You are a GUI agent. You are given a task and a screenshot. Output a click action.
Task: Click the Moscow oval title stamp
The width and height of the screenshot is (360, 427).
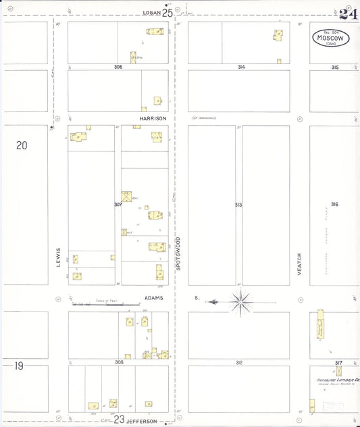pos(330,38)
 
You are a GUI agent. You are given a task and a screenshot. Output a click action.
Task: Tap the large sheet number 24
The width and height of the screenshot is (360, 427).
pos(348,14)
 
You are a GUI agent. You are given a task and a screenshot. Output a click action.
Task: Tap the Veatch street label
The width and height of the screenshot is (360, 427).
pos(299,263)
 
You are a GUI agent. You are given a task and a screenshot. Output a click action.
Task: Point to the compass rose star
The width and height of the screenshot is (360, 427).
pos(242,301)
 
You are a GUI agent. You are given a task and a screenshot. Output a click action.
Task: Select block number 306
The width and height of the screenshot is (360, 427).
pos(118,67)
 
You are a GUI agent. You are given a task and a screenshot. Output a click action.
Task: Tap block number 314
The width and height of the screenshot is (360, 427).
pos(241,67)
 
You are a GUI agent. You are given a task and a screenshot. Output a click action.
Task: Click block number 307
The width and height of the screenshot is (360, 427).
pos(118,203)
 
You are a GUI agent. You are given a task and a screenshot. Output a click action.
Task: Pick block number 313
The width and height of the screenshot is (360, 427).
pos(238,203)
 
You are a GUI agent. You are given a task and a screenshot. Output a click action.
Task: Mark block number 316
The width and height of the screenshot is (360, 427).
pos(334,204)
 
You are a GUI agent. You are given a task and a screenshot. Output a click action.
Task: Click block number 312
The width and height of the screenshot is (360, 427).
pos(239,362)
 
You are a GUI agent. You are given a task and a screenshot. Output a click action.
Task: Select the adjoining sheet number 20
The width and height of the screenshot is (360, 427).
pos(22,145)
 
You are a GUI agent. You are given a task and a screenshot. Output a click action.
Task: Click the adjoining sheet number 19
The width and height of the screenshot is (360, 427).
pos(19,366)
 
